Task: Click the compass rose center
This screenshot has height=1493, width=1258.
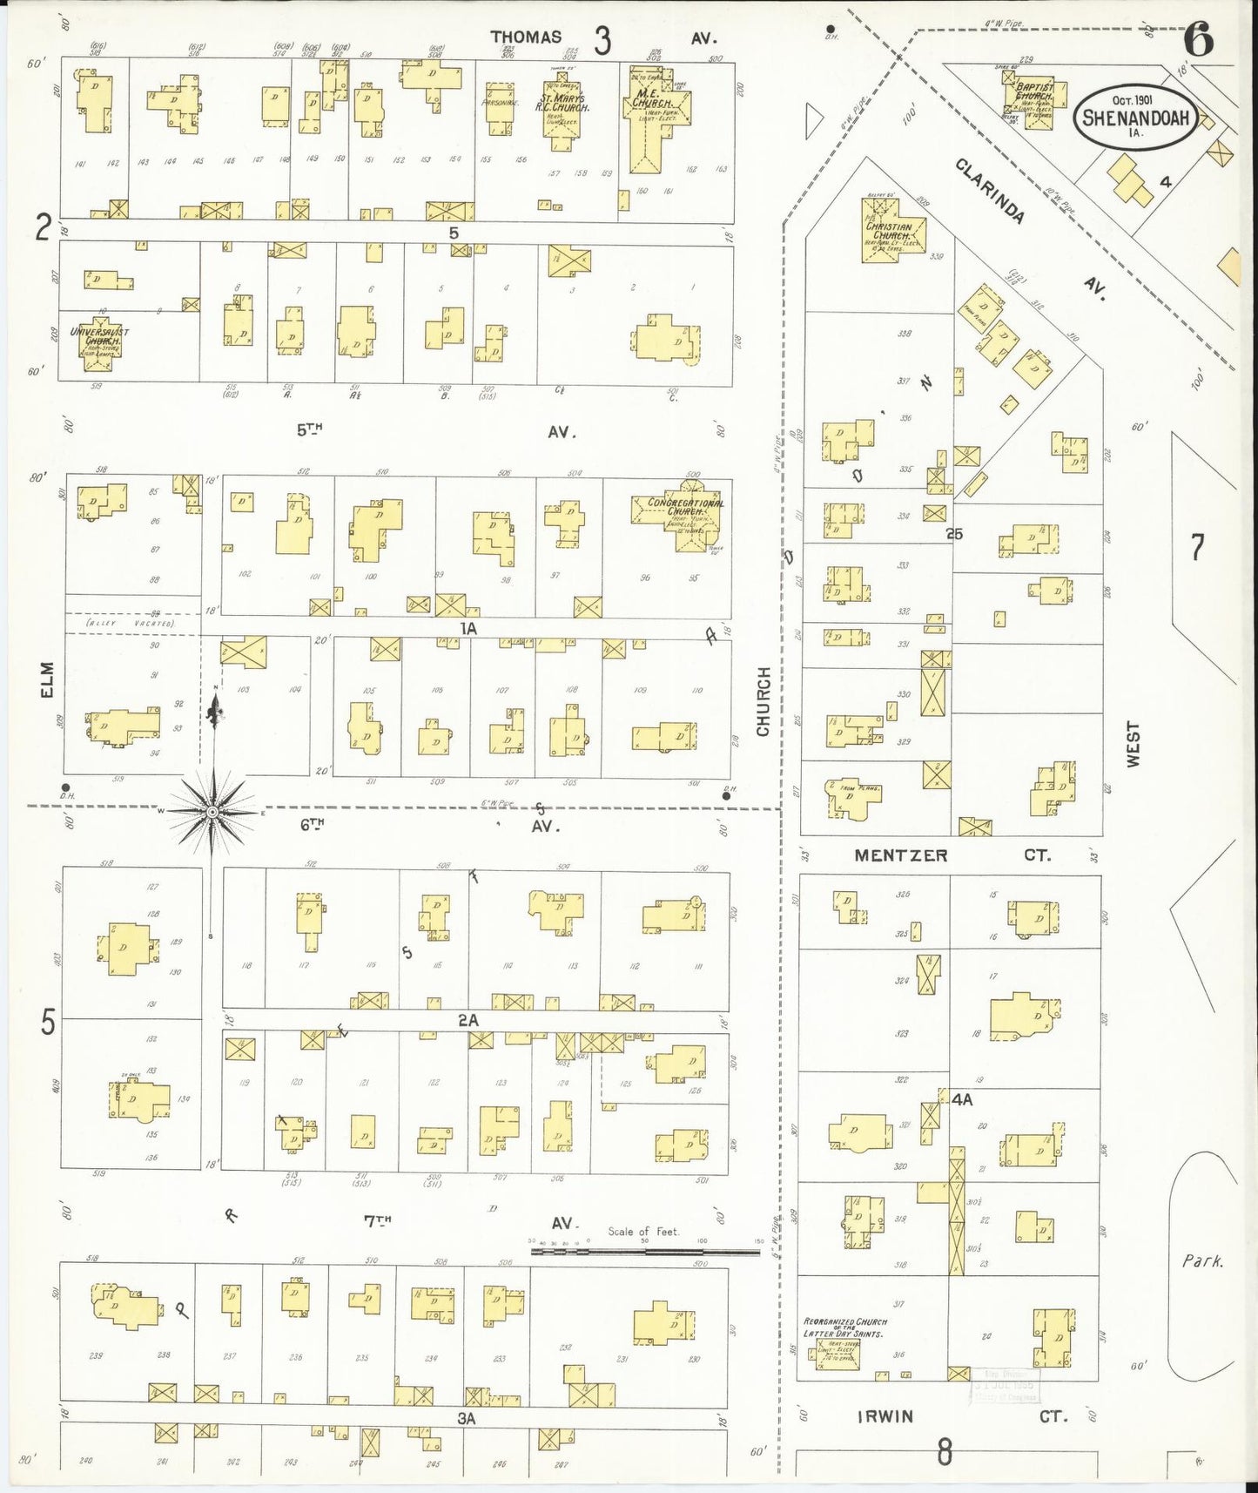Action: coord(212,812)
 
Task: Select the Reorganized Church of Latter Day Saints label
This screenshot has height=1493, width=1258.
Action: coord(844,1327)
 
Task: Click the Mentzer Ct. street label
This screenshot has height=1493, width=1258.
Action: coord(950,855)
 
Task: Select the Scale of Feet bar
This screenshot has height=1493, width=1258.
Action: coord(645,1252)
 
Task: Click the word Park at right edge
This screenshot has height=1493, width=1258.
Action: coord(1202,1260)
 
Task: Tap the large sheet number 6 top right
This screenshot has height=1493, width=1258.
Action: coord(1199,39)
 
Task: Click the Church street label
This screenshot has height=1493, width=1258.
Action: coord(764,701)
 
